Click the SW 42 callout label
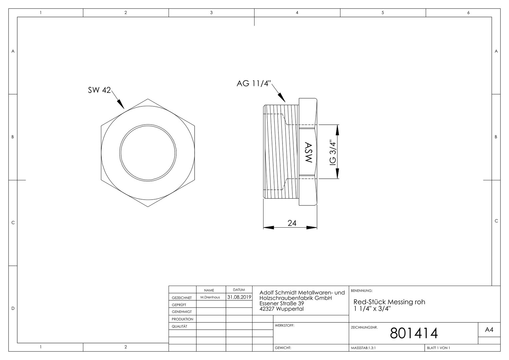(99, 90)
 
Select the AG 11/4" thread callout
(254, 83)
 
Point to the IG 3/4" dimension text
(332, 152)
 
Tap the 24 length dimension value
(292, 223)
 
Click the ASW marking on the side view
(308, 152)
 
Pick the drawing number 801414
(414, 333)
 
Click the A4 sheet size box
(489, 330)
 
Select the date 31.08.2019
(239, 297)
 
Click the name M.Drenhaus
(210, 297)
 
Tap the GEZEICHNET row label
(182, 298)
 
